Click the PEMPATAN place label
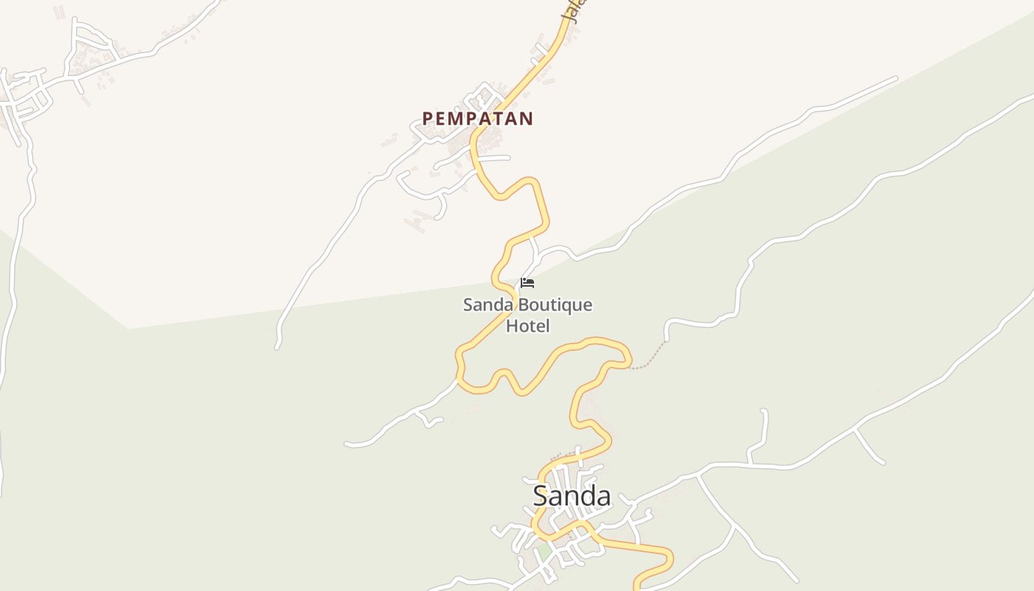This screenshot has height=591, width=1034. (477, 118)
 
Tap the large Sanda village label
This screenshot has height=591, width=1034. (572, 496)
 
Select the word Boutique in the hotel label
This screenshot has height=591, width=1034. (555, 305)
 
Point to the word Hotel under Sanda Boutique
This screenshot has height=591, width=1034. (527, 325)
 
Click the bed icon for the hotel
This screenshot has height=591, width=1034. (527, 282)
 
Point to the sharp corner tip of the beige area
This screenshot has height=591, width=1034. (129, 328)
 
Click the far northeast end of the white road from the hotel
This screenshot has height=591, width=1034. (896, 78)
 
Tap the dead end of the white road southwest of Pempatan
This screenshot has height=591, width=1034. (278, 346)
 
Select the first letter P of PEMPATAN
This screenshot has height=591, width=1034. (427, 118)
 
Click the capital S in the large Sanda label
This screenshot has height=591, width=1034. (542, 496)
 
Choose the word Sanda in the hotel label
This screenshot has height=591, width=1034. (487, 305)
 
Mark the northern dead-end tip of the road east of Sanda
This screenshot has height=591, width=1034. (764, 411)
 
